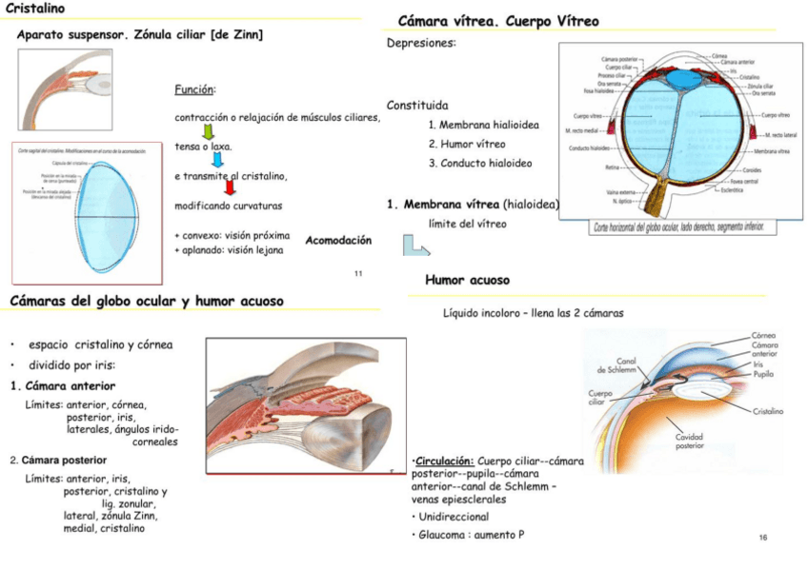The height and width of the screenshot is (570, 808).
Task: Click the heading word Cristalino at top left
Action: (x=35, y=9)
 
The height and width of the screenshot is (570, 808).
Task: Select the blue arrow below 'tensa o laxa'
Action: (x=217, y=162)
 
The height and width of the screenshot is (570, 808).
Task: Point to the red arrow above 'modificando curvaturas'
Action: (x=229, y=190)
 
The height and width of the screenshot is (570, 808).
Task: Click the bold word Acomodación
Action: (x=338, y=241)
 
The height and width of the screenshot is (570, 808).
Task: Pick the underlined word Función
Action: (x=194, y=90)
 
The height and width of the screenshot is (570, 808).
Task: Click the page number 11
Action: (x=358, y=275)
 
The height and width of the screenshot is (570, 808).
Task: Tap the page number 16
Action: (x=763, y=539)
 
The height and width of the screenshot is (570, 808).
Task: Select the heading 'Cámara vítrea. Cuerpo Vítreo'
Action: (x=497, y=21)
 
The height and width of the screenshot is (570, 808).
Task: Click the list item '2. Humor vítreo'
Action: (x=467, y=144)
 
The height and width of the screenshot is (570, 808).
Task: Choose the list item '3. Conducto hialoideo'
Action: (x=480, y=163)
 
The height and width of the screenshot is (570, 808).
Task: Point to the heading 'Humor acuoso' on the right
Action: (x=467, y=281)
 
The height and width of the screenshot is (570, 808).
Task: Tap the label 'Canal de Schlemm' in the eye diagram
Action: (x=616, y=365)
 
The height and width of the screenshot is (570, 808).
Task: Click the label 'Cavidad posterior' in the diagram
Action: (x=690, y=442)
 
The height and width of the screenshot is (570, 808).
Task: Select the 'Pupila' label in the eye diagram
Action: (x=764, y=374)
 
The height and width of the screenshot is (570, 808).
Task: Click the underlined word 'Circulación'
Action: (x=444, y=459)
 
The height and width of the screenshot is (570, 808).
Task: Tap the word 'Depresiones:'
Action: (x=420, y=43)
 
